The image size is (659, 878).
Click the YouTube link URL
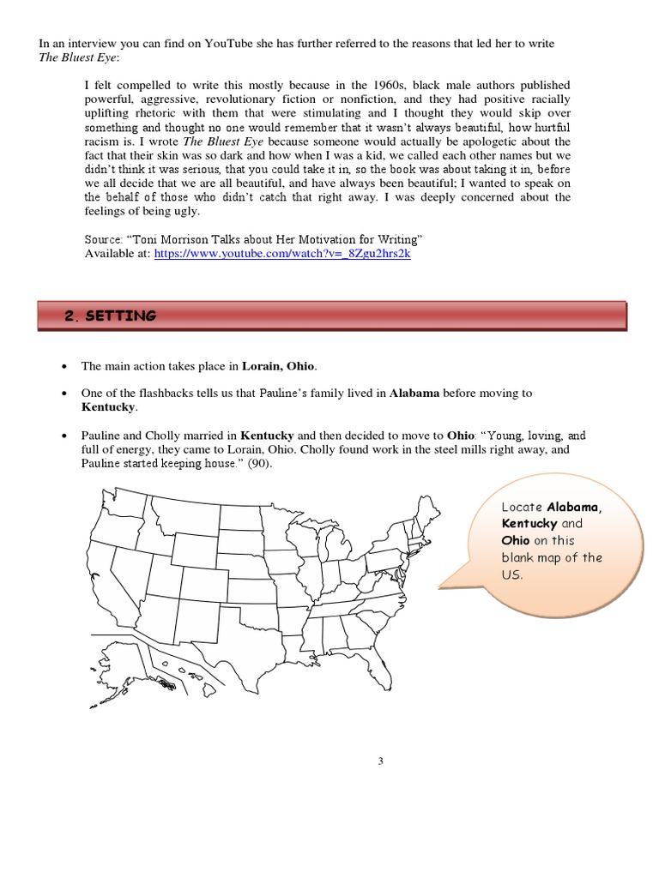[x=282, y=255]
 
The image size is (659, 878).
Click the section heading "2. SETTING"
[x=111, y=316]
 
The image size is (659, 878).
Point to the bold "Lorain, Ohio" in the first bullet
[x=279, y=366]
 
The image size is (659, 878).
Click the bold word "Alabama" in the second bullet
[x=415, y=393]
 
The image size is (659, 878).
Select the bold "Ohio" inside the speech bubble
[x=516, y=540]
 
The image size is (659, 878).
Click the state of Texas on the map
[x=241, y=642]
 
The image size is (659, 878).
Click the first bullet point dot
[x=66, y=367]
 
